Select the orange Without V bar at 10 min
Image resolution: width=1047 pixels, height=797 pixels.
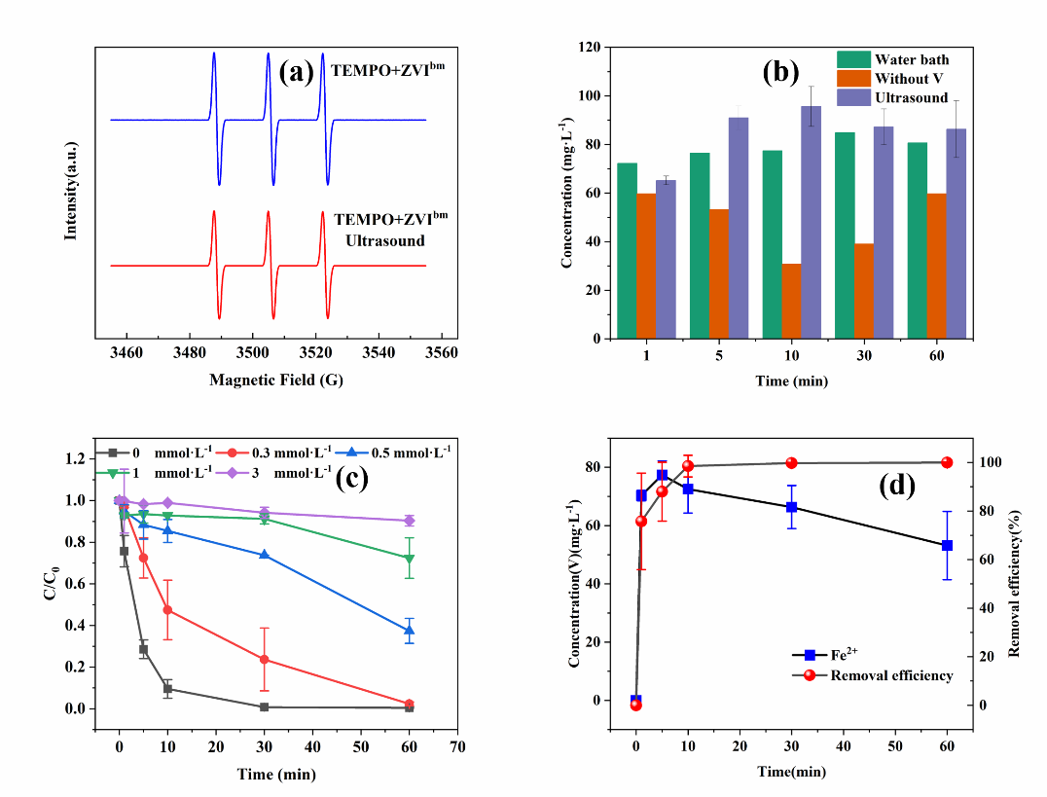(x=791, y=301)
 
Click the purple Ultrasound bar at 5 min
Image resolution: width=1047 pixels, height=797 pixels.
(x=739, y=228)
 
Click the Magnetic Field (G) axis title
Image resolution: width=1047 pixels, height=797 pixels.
(x=276, y=380)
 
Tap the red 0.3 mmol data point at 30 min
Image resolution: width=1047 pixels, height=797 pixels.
(x=264, y=659)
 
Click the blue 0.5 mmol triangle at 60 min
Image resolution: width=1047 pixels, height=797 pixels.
(x=409, y=631)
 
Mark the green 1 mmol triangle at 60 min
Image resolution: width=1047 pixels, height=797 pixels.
(x=409, y=559)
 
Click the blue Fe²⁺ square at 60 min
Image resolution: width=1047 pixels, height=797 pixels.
(x=946, y=546)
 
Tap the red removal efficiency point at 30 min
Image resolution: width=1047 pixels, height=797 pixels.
(x=791, y=463)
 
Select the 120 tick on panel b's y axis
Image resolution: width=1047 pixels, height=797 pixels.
(x=588, y=47)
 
